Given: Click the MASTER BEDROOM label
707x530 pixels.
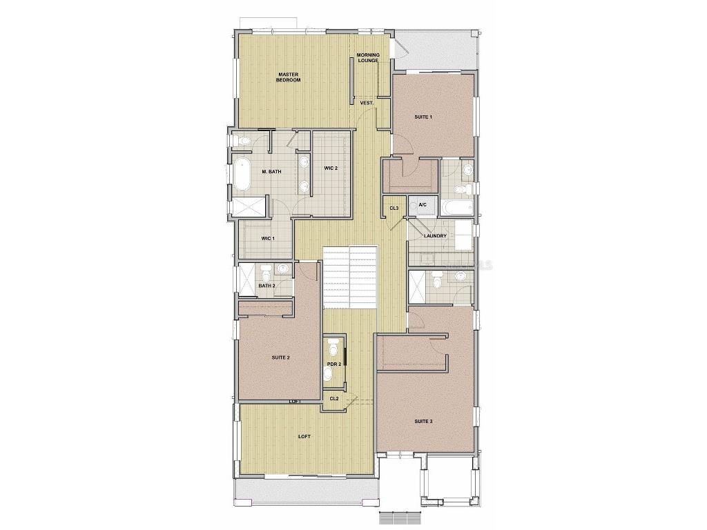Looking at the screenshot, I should point(289,77).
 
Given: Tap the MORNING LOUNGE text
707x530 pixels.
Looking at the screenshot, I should point(368,58).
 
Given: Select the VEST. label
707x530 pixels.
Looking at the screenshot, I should point(367,103).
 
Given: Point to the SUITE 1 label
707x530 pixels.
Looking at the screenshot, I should point(423,117).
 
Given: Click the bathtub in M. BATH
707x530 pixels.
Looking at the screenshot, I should point(241,175).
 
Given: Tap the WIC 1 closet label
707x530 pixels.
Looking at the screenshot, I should point(267,239).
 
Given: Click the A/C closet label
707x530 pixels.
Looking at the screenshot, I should point(423,205).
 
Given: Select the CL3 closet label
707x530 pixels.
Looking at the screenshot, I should point(394,208).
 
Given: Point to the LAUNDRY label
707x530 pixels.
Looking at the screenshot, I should point(435,236).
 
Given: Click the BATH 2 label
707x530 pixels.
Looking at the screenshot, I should point(267,286).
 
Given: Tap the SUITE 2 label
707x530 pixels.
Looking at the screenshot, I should point(280,357).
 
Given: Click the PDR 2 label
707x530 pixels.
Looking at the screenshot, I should point(334,364).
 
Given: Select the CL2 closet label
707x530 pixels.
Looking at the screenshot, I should point(333,398).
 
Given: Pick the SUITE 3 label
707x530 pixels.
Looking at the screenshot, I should point(423,421).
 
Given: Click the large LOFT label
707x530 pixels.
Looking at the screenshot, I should point(304,436).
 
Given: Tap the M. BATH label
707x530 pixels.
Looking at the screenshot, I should point(271,171).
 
